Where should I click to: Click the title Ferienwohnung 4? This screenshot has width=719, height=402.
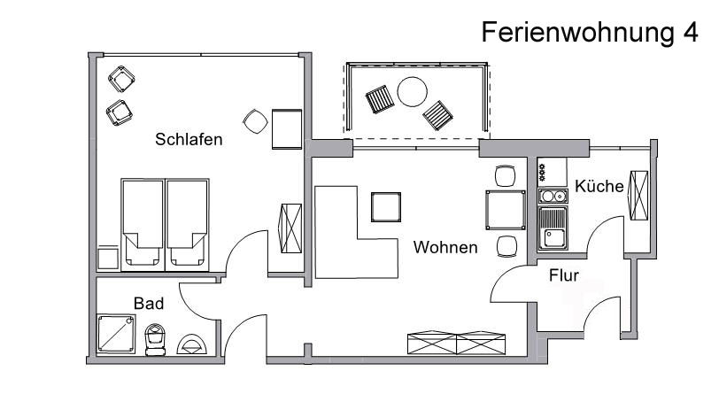tap(590, 33)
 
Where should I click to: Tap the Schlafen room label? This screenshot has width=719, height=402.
tap(189, 139)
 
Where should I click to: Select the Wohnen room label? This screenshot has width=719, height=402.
tap(445, 248)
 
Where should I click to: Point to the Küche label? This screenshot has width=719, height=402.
tap(599, 186)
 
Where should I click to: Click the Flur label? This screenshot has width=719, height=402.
tap(563, 275)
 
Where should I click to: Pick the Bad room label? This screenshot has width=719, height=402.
tap(149, 304)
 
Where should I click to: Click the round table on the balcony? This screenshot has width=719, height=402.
tap(413, 92)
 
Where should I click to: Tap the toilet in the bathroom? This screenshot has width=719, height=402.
tap(155, 340)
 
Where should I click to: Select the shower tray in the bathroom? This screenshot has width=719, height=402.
tap(116, 334)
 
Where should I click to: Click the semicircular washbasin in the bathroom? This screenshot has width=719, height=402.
tap(192, 344)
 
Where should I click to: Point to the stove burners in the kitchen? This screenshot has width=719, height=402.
tap(542, 172)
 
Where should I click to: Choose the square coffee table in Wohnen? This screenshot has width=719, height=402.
tap(386, 206)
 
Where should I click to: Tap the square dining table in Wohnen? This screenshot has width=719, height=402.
tap(506, 210)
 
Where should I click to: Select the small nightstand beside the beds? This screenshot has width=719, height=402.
tap(108, 258)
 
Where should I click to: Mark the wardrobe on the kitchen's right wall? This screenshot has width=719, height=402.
tap(638, 196)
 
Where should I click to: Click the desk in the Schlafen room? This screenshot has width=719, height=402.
tap(287, 129)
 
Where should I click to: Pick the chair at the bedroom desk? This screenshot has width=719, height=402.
tap(255, 121)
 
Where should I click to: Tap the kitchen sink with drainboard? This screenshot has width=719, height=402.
tap(553, 228)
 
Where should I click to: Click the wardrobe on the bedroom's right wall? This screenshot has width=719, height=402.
tap(290, 228)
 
